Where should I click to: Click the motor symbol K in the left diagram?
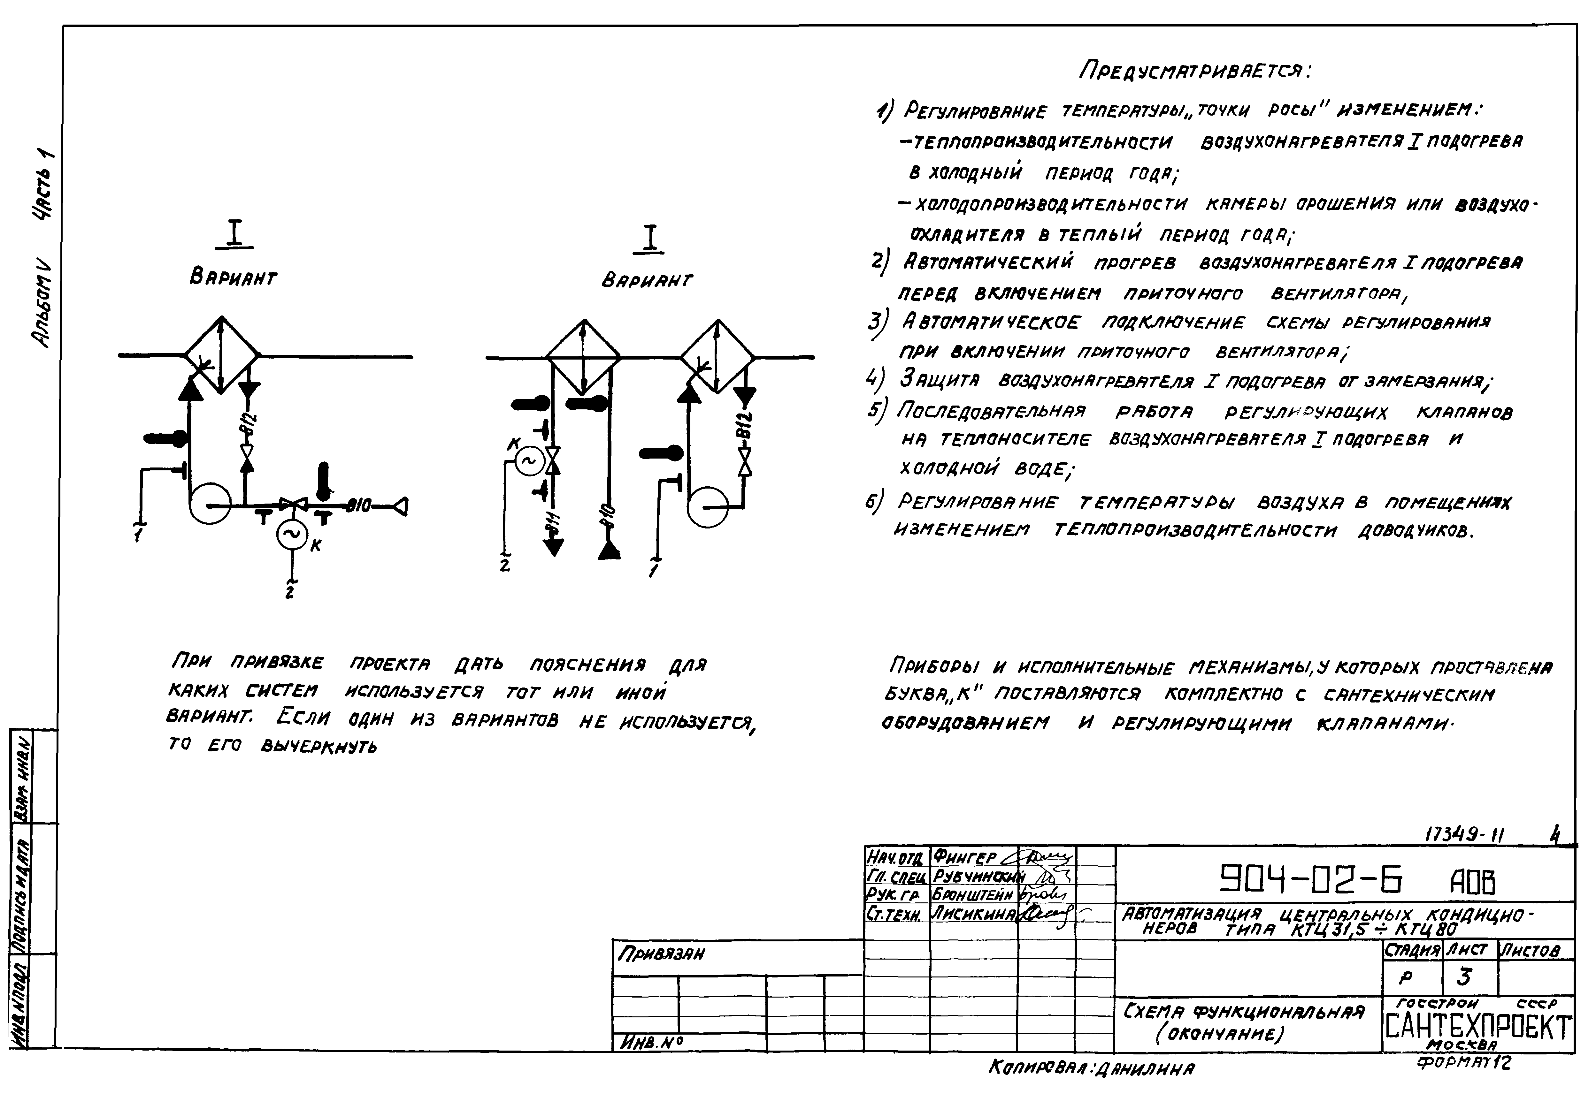[291, 535]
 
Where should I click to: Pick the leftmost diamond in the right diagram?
[583, 357]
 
